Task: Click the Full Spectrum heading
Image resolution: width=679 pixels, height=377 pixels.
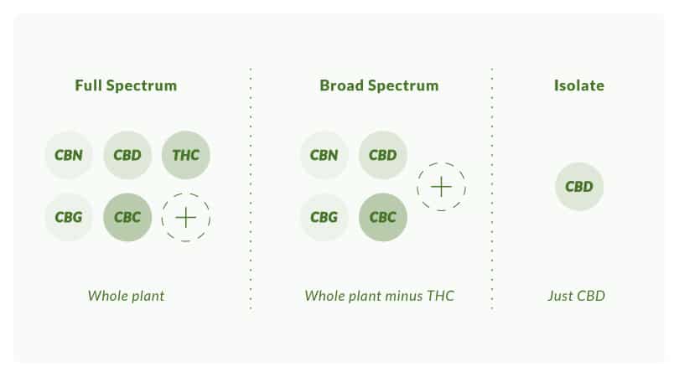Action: (x=126, y=85)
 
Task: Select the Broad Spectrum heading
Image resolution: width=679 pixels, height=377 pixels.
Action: (x=380, y=85)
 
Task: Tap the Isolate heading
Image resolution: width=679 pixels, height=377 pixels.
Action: (x=579, y=85)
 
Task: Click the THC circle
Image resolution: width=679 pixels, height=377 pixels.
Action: (x=186, y=155)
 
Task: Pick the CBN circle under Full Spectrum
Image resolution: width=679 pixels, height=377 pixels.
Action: (x=69, y=155)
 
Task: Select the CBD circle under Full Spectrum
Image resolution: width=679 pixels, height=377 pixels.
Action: (x=127, y=155)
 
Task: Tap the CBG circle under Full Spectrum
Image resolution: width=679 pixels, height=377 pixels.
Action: (x=69, y=217)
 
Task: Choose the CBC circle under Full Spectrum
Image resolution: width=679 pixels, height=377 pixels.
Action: (x=127, y=217)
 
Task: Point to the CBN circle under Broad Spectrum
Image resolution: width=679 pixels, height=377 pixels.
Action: (x=324, y=155)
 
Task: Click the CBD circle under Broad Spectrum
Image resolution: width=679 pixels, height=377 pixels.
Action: (x=383, y=155)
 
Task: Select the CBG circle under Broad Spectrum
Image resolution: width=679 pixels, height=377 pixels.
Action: (x=324, y=217)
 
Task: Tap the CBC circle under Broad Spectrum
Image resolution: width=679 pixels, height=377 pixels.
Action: (x=383, y=217)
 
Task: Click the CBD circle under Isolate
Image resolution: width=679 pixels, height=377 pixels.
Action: (x=579, y=187)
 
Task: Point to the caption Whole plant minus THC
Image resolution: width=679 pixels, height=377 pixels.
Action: (x=380, y=296)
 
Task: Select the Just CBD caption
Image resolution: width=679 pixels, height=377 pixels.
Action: (x=577, y=296)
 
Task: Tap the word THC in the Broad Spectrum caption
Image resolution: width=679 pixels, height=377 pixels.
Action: (x=440, y=296)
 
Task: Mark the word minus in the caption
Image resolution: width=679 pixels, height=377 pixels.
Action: (x=404, y=296)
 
